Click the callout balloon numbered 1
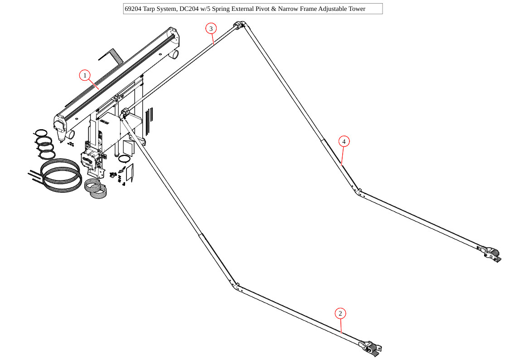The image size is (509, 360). coord(85,75)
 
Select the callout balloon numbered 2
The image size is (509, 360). coord(340,313)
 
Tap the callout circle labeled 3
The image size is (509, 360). coord(210,29)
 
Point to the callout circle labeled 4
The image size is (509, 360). coord(344,141)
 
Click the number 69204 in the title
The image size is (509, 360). coord(133,9)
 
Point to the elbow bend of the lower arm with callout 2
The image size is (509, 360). coord(235,286)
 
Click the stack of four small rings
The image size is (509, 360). coord(44,144)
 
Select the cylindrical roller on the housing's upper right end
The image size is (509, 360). coord(174,54)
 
